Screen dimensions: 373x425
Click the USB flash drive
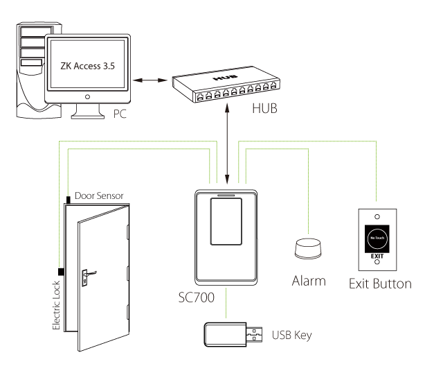[233, 336]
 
